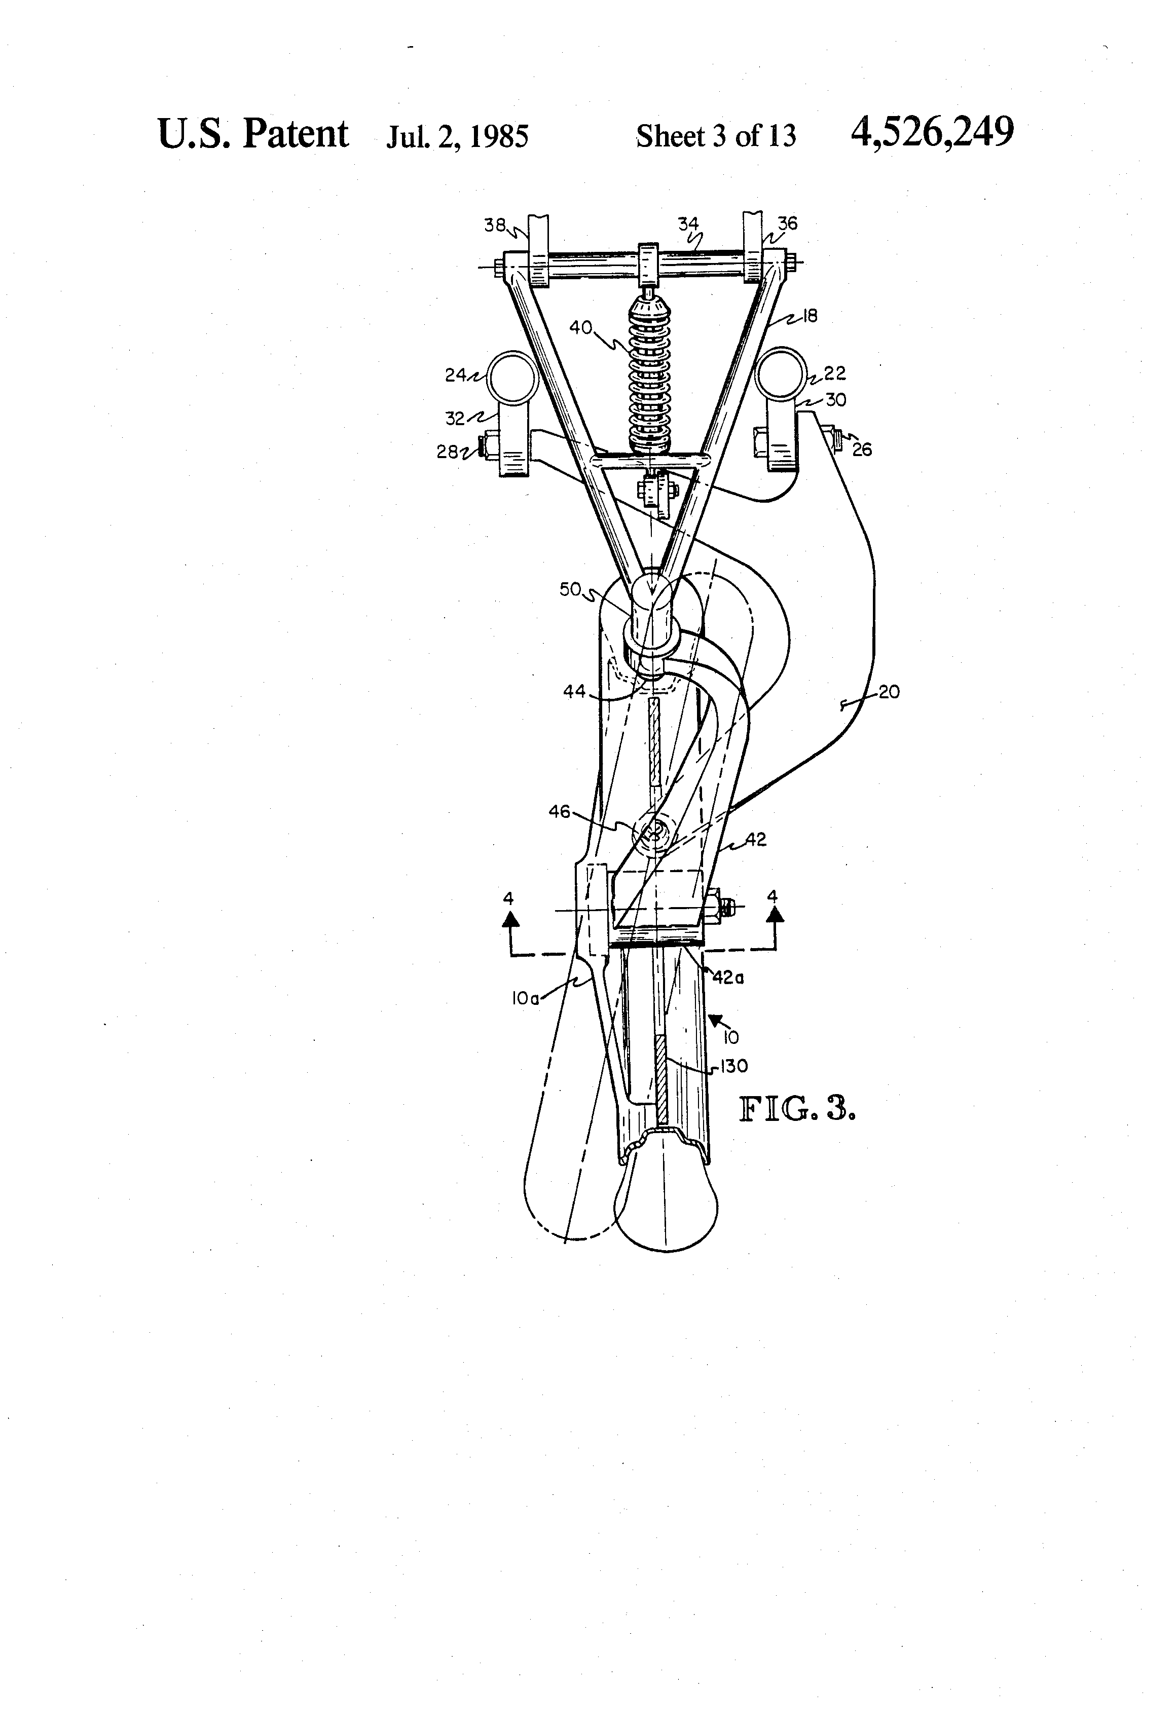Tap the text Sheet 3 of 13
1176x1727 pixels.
click(x=716, y=136)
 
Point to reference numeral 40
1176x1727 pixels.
click(x=581, y=327)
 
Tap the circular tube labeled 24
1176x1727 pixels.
click(x=512, y=376)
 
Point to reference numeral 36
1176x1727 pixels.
click(x=788, y=223)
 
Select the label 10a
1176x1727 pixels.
click(x=524, y=999)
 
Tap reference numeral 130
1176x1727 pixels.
click(x=733, y=1066)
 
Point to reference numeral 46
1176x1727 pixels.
click(x=560, y=811)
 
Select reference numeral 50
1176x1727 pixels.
click(x=570, y=589)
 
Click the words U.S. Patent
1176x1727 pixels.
click(x=253, y=134)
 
